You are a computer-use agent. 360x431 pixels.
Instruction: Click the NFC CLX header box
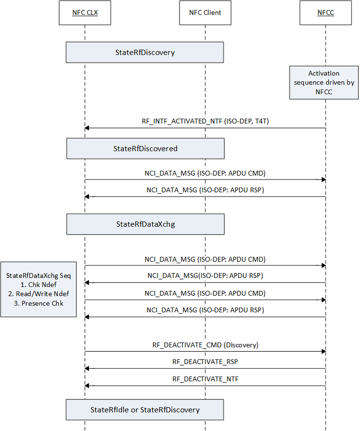tap(85, 13)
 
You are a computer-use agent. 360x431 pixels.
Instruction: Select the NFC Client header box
tap(205, 13)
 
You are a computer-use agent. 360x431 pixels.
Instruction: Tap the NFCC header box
tap(324, 13)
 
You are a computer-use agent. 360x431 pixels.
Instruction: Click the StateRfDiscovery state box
tap(144, 52)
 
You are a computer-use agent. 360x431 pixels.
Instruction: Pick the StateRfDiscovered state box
tap(145, 148)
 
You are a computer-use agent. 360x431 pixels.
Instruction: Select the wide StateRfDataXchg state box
tap(145, 224)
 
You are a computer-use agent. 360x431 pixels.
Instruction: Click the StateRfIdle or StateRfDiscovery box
tap(144, 410)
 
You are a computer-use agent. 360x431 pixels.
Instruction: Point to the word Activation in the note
tap(324, 73)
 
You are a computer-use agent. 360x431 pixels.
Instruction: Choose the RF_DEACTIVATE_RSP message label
tap(205, 361)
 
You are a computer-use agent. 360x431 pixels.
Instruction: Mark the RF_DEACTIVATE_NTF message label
tap(205, 378)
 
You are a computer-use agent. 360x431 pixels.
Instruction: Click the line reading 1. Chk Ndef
tap(38, 285)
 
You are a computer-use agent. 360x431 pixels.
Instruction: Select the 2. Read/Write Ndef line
tap(38, 294)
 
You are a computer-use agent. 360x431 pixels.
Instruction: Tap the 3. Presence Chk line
tap(38, 303)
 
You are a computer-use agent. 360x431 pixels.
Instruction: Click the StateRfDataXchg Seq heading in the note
tap(38, 275)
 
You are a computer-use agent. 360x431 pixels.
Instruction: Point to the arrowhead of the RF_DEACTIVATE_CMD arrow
tap(323, 351)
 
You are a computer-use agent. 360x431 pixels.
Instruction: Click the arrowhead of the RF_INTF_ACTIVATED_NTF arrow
tap(87, 128)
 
